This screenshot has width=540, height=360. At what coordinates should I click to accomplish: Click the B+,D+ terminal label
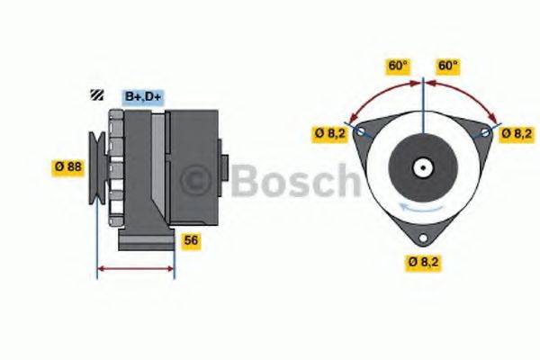click(142, 95)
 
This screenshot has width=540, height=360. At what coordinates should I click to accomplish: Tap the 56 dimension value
click(191, 240)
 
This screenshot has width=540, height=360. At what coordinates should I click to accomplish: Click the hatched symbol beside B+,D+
click(95, 94)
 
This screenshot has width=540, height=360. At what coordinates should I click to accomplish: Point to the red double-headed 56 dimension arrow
click(135, 268)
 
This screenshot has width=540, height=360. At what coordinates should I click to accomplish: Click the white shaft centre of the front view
click(422, 167)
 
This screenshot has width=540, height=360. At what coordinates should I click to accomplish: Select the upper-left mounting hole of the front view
click(361, 132)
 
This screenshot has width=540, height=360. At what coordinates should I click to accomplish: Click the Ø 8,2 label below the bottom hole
click(423, 262)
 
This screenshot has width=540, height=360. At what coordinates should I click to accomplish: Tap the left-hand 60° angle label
click(396, 65)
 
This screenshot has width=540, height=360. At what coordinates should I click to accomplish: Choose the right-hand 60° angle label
click(447, 65)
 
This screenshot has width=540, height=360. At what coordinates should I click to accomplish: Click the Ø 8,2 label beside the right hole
click(517, 133)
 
